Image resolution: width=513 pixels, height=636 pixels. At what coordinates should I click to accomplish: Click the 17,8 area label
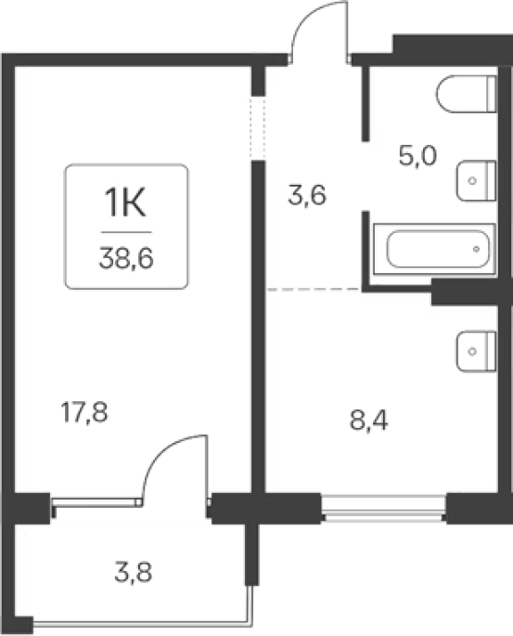84,412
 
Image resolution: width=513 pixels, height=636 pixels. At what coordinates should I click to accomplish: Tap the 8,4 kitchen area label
368,421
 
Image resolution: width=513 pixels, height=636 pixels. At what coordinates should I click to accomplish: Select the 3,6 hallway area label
307,196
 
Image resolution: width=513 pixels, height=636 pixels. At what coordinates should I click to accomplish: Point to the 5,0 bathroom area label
417,156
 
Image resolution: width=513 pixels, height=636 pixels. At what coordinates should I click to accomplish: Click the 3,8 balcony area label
134,572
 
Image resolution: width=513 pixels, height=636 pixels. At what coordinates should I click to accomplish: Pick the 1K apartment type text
125,203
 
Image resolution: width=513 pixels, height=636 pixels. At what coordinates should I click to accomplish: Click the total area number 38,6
126,258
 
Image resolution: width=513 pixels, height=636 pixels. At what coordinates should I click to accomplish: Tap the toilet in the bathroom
467,94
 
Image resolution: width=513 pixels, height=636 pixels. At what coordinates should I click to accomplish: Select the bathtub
434,249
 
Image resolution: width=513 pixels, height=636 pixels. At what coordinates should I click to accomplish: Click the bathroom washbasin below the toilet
477,180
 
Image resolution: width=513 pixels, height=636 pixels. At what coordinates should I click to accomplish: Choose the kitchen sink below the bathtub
477,351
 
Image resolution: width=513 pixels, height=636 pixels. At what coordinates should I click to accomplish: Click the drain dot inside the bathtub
477,249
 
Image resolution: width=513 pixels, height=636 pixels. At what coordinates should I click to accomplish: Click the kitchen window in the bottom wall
384,508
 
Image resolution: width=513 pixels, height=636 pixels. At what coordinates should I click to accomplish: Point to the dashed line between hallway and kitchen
314,289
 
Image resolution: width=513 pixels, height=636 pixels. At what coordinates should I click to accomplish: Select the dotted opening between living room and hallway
257,128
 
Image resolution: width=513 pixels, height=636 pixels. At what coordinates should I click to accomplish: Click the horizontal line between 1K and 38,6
126,232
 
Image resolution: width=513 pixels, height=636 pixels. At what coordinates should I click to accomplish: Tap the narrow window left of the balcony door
97,502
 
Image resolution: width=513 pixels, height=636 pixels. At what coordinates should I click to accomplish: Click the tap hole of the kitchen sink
471,351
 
